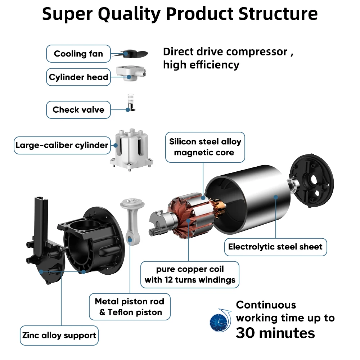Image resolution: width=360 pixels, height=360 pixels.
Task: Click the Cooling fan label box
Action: tap(78, 54)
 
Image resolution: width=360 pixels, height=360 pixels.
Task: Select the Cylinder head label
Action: tap(78, 77)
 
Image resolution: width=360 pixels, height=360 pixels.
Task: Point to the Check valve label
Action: tap(78, 110)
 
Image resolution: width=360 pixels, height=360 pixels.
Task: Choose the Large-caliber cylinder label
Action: tap(62, 145)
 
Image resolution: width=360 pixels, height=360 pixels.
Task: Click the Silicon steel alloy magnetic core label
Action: tap(205, 147)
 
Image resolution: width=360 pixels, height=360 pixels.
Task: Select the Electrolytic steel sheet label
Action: tap(275, 247)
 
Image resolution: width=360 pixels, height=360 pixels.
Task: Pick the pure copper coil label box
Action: tap(190, 274)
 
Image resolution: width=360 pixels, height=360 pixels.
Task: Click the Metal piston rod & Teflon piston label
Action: tap(130, 307)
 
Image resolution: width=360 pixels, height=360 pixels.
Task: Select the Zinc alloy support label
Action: tap(59, 336)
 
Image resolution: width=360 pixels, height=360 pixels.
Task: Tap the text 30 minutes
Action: tap(275, 333)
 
